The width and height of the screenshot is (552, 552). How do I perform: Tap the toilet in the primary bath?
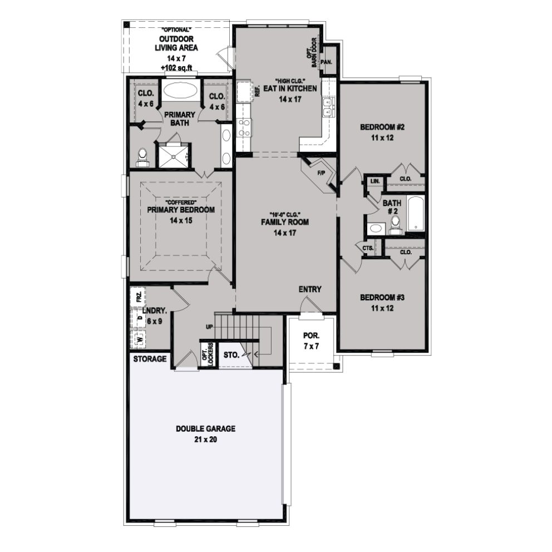tap(142, 156)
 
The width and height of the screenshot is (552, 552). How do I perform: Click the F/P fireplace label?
tap(321, 173)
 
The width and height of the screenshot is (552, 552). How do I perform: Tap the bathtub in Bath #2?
tap(415, 214)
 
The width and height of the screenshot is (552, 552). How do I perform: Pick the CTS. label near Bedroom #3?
tap(367, 248)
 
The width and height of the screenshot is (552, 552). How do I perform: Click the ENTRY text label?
tap(309, 289)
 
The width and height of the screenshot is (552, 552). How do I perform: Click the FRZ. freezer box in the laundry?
tap(137, 296)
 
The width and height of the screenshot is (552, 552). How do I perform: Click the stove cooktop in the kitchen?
tap(243, 128)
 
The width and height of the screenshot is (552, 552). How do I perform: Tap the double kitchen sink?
tap(328, 107)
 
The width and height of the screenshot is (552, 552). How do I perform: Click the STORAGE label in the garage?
tap(150, 359)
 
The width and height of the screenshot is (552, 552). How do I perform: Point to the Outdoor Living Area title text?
tap(176, 43)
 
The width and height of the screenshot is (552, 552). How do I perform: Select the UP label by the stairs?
tap(209, 327)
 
